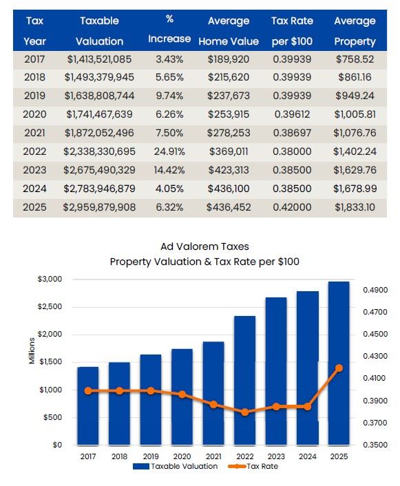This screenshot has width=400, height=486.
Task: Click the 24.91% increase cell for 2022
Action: click(169, 151)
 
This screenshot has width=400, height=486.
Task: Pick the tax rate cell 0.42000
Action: click(292, 207)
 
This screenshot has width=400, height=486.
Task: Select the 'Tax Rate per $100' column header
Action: click(292, 31)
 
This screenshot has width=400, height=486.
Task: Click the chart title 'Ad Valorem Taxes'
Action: click(204, 246)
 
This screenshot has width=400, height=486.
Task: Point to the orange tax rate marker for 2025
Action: click(339, 368)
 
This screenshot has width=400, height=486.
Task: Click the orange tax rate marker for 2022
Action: click(244, 412)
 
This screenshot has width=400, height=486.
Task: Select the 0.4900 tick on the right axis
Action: click(375, 290)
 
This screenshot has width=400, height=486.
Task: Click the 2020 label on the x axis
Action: click(182, 456)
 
